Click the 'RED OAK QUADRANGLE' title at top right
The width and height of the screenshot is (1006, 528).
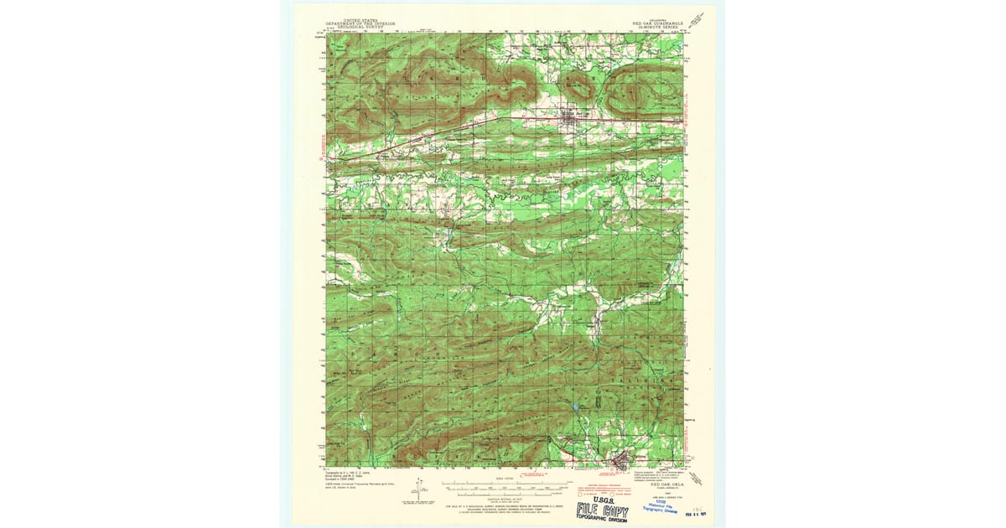point(659,24)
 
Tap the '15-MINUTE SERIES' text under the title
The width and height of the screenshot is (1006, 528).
point(660,28)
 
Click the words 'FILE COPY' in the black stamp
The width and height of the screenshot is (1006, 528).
point(602,509)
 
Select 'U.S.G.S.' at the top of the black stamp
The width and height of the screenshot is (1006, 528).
point(602,500)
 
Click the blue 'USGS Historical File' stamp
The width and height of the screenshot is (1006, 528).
point(662,504)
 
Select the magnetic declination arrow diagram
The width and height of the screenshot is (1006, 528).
point(420,489)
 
